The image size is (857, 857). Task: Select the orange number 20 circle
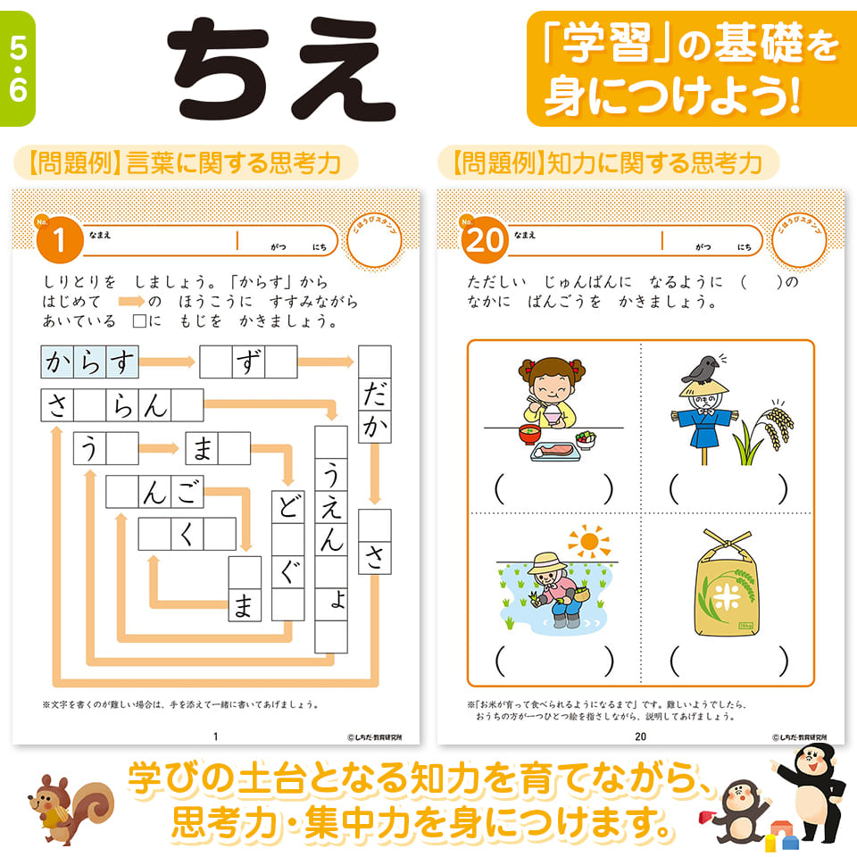(483, 240)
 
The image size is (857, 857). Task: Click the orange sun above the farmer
(587, 542)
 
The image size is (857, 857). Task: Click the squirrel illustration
(64, 801)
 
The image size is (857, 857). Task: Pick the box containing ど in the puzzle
(288, 506)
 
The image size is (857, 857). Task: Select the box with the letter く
(187, 533)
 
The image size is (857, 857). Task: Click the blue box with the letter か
(58, 362)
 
